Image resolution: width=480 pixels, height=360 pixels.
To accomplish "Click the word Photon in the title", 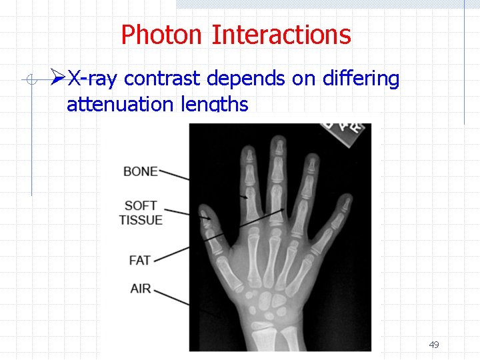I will (163, 35).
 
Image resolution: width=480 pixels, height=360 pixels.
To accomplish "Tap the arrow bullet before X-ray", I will (58, 79).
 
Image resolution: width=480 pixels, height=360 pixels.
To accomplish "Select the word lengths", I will (219, 104).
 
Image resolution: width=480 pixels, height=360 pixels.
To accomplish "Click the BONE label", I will (141, 171).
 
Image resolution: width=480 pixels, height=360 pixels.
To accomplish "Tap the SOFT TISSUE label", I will (141, 213).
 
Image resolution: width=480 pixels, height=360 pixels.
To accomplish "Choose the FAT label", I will (139, 260).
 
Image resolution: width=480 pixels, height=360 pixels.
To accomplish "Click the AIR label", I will (141, 289).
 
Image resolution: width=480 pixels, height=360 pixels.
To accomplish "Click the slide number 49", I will (434, 345).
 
